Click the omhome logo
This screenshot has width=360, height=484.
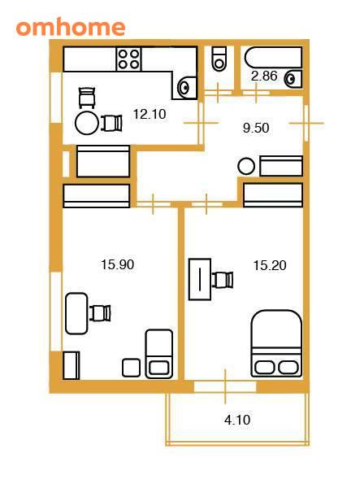(x=71, y=27)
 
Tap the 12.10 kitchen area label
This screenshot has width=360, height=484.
(x=150, y=114)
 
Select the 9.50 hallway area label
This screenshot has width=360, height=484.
(x=256, y=128)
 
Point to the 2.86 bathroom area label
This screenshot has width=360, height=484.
(x=264, y=76)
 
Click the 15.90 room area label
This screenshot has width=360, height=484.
(x=118, y=264)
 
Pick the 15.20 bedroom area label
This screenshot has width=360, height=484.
(x=270, y=265)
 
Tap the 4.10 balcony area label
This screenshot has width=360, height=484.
(x=237, y=420)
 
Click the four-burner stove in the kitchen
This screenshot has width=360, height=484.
(x=128, y=59)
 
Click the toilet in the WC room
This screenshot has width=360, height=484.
(x=219, y=59)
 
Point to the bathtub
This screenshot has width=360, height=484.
(x=273, y=58)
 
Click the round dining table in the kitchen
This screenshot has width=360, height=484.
(x=87, y=123)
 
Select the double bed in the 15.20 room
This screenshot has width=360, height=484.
(x=276, y=343)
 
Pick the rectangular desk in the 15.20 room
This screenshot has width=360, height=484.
(x=200, y=279)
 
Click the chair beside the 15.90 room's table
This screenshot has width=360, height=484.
(x=100, y=313)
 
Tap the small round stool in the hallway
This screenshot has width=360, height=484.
(x=246, y=167)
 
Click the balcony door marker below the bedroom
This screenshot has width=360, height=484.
(x=225, y=386)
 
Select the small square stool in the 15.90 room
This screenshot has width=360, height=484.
(x=131, y=368)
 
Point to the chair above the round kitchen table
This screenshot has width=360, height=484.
(x=87, y=98)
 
